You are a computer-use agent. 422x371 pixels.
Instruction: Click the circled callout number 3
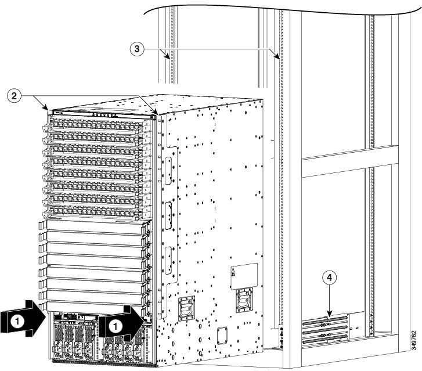137,49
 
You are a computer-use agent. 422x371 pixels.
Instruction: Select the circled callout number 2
14,96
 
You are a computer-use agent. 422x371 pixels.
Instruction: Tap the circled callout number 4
330,278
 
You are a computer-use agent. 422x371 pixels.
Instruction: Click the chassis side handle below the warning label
244,300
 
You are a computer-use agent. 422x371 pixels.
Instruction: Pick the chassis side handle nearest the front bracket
186,308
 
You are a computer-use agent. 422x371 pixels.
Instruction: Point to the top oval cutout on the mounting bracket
168,170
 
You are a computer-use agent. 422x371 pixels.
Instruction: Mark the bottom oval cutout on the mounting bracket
168,260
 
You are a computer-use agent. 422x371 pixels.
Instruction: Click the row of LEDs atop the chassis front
105,116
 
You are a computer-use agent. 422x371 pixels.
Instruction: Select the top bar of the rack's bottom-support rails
325,320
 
